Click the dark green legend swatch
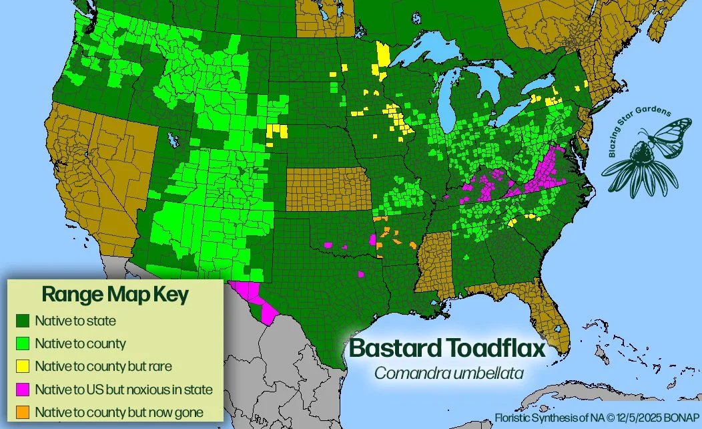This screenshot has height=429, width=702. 22,321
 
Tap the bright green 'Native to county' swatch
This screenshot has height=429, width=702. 22,343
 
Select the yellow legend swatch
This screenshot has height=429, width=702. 22,366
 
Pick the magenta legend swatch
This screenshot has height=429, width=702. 22,389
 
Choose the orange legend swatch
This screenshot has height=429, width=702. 22,412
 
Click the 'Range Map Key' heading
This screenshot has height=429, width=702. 115,294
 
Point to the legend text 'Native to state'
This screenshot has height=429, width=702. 75,321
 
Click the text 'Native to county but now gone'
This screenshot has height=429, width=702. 119,412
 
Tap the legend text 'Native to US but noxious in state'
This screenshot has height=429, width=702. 123,389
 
